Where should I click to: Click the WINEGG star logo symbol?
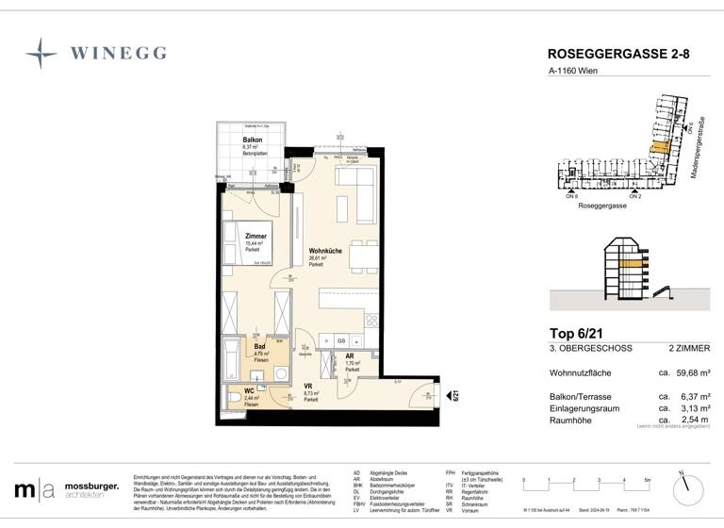point(41,53)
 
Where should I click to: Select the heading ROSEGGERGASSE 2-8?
point(618,55)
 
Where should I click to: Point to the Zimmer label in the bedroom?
point(255,237)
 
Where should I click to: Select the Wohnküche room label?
point(324,251)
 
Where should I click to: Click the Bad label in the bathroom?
point(259,346)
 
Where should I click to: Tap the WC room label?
point(249,390)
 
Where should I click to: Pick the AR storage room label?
point(349,356)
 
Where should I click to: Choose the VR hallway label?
point(307,386)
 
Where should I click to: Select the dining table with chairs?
point(360,255)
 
